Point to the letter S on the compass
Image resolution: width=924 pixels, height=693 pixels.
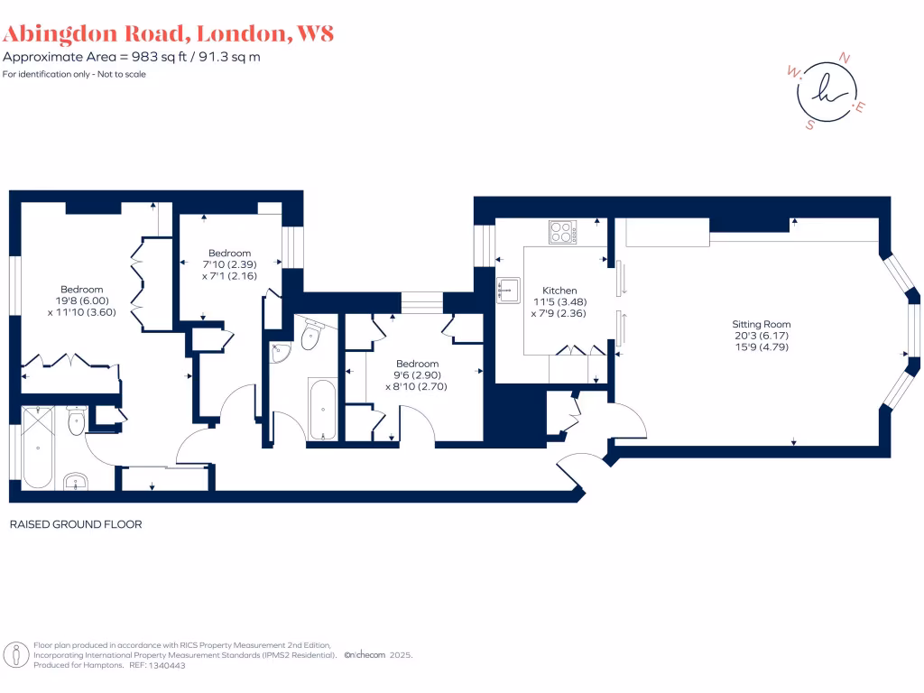[809, 125]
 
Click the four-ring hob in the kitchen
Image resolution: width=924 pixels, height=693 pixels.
[563, 232]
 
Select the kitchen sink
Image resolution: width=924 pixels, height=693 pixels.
[505, 290]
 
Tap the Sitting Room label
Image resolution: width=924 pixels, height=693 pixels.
[763, 324]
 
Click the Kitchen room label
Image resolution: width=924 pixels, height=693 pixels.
[559, 291]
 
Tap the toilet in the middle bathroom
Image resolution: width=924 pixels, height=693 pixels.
[310, 336]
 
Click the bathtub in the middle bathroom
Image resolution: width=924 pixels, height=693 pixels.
[322, 409]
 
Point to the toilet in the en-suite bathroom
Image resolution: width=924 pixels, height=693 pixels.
[76, 420]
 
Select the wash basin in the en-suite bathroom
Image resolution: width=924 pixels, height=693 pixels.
[76, 481]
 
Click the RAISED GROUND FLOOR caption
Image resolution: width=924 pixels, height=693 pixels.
[76, 524]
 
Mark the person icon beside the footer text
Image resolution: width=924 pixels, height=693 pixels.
[15, 654]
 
